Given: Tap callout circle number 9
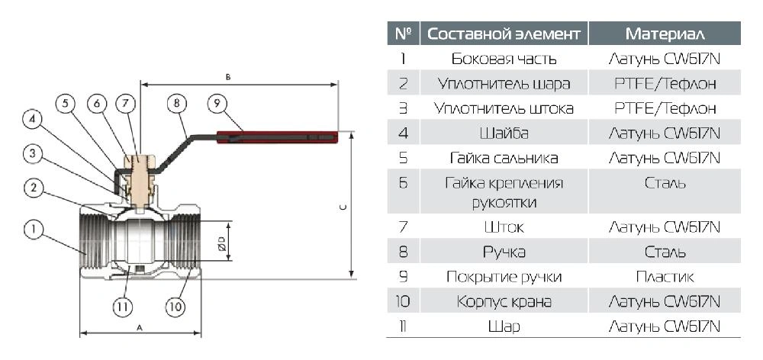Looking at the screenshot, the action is pyautogui.click(x=217, y=103).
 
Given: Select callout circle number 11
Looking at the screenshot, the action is pyautogui.click(x=123, y=307).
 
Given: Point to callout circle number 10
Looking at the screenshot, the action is pyautogui.click(x=175, y=307).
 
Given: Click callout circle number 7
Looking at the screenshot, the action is pyautogui.click(x=126, y=103).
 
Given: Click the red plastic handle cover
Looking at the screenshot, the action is pyautogui.click(x=278, y=137).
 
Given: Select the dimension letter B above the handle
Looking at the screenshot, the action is pyautogui.click(x=227, y=77).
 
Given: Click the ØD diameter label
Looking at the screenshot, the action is pyautogui.click(x=222, y=243).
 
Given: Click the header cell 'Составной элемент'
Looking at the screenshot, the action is pyautogui.click(x=504, y=34).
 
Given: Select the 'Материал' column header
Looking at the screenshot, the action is pyautogui.click(x=665, y=34).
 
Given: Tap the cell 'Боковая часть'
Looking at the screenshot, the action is pyautogui.click(x=504, y=59).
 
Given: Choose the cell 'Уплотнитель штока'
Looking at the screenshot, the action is pyautogui.click(x=504, y=108).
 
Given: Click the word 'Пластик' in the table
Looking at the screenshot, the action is pyautogui.click(x=665, y=277).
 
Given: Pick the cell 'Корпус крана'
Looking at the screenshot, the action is pyautogui.click(x=504, y=301).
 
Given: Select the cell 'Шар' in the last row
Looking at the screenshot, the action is pyautogui.click(x=504, y=326).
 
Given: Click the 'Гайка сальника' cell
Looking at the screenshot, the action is pyautogui.click(x=504, y=158).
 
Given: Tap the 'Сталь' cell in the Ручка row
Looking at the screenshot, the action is pyautogui.click(x=665, y=252).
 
